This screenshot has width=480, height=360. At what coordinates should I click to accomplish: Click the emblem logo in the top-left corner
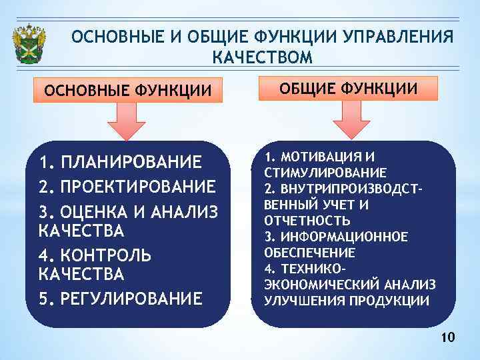tap(31, 44)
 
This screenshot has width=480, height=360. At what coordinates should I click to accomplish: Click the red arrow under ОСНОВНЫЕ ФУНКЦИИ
tap(131, 121)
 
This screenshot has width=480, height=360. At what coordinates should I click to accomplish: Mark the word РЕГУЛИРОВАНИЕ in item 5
tap(131, 298)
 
